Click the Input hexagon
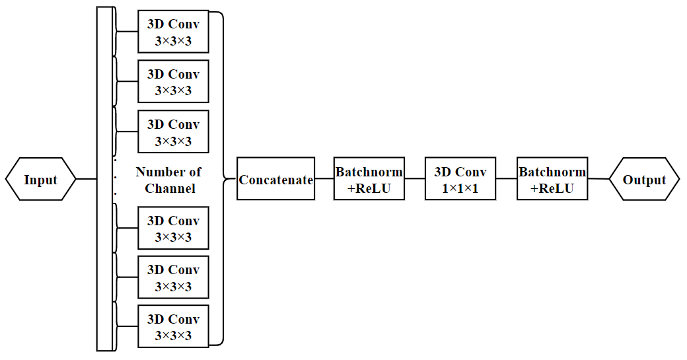[x=41, y=179]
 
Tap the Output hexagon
[x=644, y=179]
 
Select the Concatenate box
[x=275, y=179]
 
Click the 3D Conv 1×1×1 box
[x=460, y=179]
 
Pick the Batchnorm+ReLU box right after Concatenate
[x=369, y=179]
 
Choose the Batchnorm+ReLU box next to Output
[x=552, y=179]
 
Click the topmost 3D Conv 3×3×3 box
[x=173, y=32]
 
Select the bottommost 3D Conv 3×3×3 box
[x=173, y=326]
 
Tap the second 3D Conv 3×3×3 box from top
[x=173, y=81]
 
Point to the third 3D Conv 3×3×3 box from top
[x=173, y=131]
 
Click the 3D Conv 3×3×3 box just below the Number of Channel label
[x=173, y=228]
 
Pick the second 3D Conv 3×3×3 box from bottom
[x=173, y=277]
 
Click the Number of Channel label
[x=169, y=180]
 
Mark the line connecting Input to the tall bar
[x=87, y=179]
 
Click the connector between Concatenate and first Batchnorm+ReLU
[x=324, y=179]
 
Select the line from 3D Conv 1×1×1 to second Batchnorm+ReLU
[x=507, y=179]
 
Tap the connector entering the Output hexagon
[x=598, y=179]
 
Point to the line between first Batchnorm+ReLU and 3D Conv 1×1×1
[x=414, y=179]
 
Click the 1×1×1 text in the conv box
[x=460, y=188]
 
